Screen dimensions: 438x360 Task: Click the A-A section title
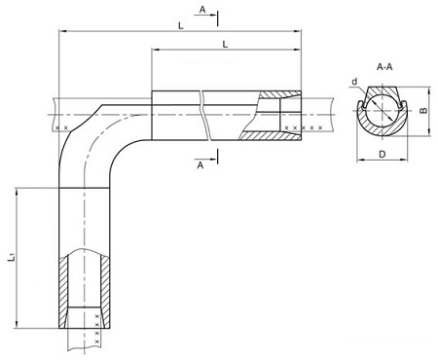[x=384, y=67]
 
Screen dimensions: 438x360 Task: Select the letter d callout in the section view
[x=354, y=82]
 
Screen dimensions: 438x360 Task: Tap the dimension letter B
[x=423, y=111]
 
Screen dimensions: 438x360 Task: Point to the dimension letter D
[x=383, y=154]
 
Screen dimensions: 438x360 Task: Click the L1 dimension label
[x=12, y=258]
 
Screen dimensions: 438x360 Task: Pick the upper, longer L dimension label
[x=181, y=26]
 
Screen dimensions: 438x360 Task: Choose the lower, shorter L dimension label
[x=225, y=45]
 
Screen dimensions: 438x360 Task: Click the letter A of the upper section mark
[x=202, y=10]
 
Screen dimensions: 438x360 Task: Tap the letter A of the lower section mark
[x=201, y=165]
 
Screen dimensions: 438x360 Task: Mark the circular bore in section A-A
[x=382, y=111]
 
